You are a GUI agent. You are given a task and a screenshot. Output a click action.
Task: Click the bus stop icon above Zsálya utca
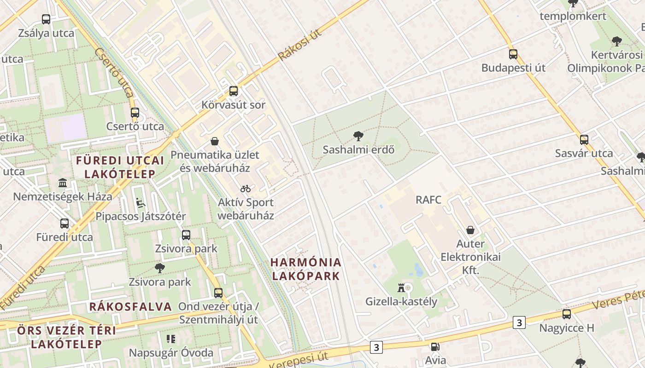coord(46,19)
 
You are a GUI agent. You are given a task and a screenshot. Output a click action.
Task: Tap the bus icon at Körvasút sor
coord(234,91)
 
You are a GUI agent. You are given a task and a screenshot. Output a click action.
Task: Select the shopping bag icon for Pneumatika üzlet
coord(214,141)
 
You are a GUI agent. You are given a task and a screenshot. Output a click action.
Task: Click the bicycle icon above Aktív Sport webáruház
coord(246,189)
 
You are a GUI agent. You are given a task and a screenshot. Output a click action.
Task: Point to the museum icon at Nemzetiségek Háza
coord(63,183)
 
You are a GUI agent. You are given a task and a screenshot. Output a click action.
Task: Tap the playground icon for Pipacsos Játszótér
coord(141,203)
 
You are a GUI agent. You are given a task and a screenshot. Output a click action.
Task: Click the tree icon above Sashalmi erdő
coord(358,136)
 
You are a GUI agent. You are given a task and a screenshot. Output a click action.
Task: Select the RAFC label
coord(428,200)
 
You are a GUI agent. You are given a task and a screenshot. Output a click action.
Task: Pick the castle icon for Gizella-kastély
coord(401,288)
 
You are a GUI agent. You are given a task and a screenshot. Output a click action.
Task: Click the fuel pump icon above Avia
coord(435,347)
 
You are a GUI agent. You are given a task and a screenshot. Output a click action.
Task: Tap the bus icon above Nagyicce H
coord(567,314)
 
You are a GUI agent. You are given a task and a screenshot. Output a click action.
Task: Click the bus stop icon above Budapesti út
coord(513,54)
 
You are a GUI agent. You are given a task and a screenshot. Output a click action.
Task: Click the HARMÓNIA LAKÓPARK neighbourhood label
coord(306,269)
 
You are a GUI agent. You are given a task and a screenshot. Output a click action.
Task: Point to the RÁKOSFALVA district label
coord(130,307)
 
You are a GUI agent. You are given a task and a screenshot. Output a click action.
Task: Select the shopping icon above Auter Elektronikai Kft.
coord(470,230)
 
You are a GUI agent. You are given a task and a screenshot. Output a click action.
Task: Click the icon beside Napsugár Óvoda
coord(171,339)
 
